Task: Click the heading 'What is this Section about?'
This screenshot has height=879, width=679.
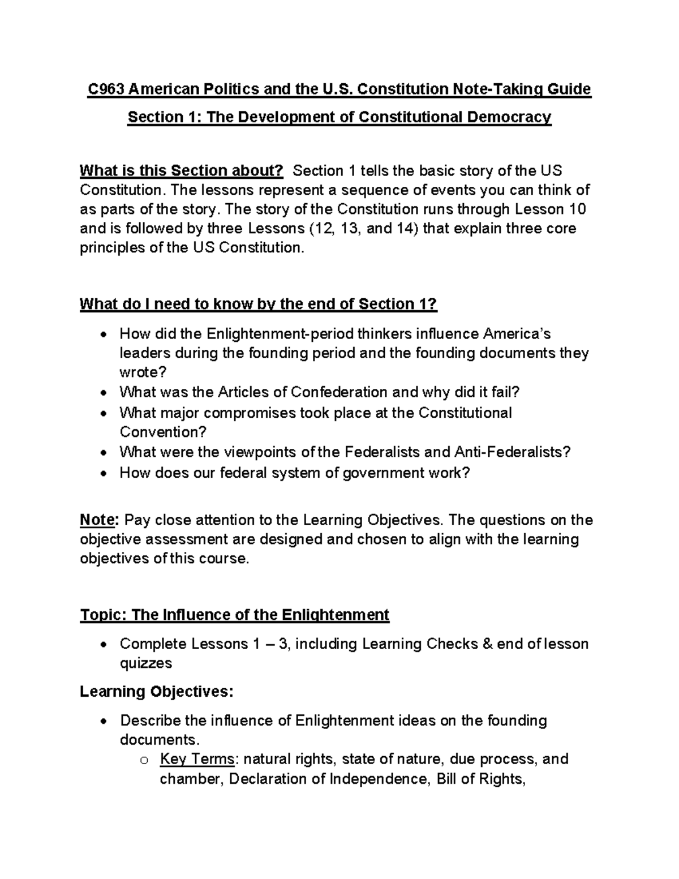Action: (x=181, y=171)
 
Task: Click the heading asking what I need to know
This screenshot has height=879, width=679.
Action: (x=259, y=305)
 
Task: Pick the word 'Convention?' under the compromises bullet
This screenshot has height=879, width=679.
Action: (x=163, y=432)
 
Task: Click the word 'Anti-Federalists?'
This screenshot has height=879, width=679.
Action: (x=512, y=452)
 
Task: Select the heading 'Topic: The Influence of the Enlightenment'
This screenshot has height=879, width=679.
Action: (x=234, y=615)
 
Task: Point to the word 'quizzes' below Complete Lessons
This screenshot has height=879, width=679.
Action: (x=145, y=663)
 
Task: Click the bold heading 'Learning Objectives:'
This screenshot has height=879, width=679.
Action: (x=156, y=692)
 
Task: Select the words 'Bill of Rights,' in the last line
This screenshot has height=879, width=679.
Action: (x=482, y=779)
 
